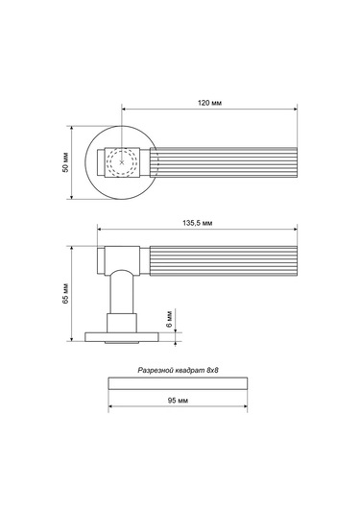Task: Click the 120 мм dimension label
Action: [209, 103]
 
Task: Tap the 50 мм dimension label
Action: [66, 162]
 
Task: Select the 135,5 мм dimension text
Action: [197, 223]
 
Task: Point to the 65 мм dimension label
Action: [66, 293]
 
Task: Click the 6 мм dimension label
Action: [169, 319]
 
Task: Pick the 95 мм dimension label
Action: [178, 401]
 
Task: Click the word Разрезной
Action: [155, 371]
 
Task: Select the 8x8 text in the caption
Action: [212, 371]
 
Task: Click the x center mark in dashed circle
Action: [122, 162]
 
